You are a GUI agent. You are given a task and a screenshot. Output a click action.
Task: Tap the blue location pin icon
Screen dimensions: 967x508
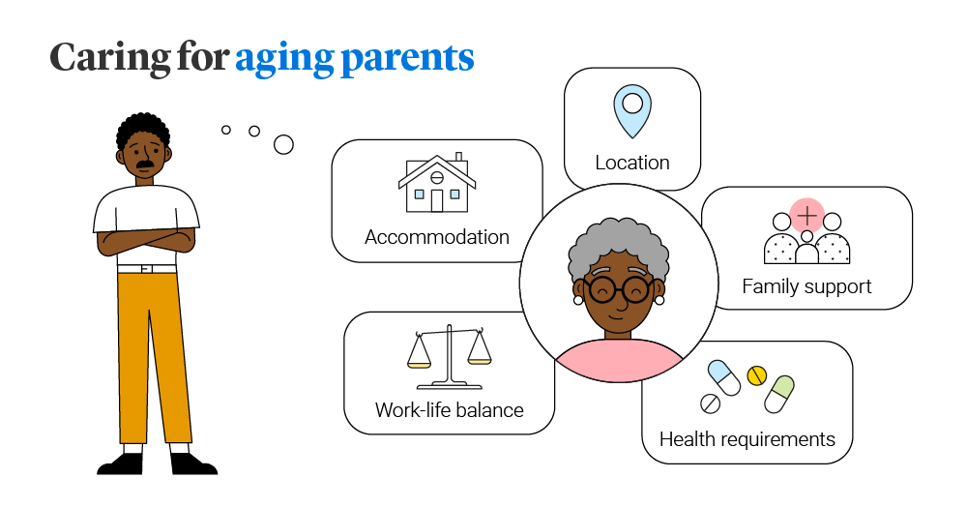tap(632, 111)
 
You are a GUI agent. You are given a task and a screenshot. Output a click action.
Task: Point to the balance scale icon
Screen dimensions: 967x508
tap(449, 357)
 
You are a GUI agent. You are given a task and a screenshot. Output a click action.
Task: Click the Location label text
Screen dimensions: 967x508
tap(632, 163)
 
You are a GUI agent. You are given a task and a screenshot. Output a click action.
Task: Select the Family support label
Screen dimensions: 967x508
tap(806, 287)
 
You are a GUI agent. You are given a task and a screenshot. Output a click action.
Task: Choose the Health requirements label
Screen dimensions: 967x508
tap(747, 439)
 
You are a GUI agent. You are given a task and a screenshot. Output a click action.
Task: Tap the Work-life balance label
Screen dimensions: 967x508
tap(449, 410)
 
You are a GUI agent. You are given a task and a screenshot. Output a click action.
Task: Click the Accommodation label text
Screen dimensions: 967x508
tap(437, 237)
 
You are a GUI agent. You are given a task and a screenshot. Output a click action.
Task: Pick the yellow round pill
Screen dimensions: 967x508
tap(757, 375)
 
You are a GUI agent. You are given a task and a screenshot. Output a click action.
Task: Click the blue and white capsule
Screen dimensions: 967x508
tap(724, 377)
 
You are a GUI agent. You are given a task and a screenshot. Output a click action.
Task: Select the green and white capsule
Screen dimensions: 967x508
tap(779, 394)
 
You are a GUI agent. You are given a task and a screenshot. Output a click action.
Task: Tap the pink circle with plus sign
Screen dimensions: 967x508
tap(806, 216)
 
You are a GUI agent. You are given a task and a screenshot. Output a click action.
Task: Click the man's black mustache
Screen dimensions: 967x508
tap(145, 164)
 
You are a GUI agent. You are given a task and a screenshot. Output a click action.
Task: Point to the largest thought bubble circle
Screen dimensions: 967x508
tap(283, 145)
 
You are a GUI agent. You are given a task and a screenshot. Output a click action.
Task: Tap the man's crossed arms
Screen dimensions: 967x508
tap(147, 240)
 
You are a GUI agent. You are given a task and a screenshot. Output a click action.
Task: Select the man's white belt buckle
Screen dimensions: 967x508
tap(146, 269)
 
